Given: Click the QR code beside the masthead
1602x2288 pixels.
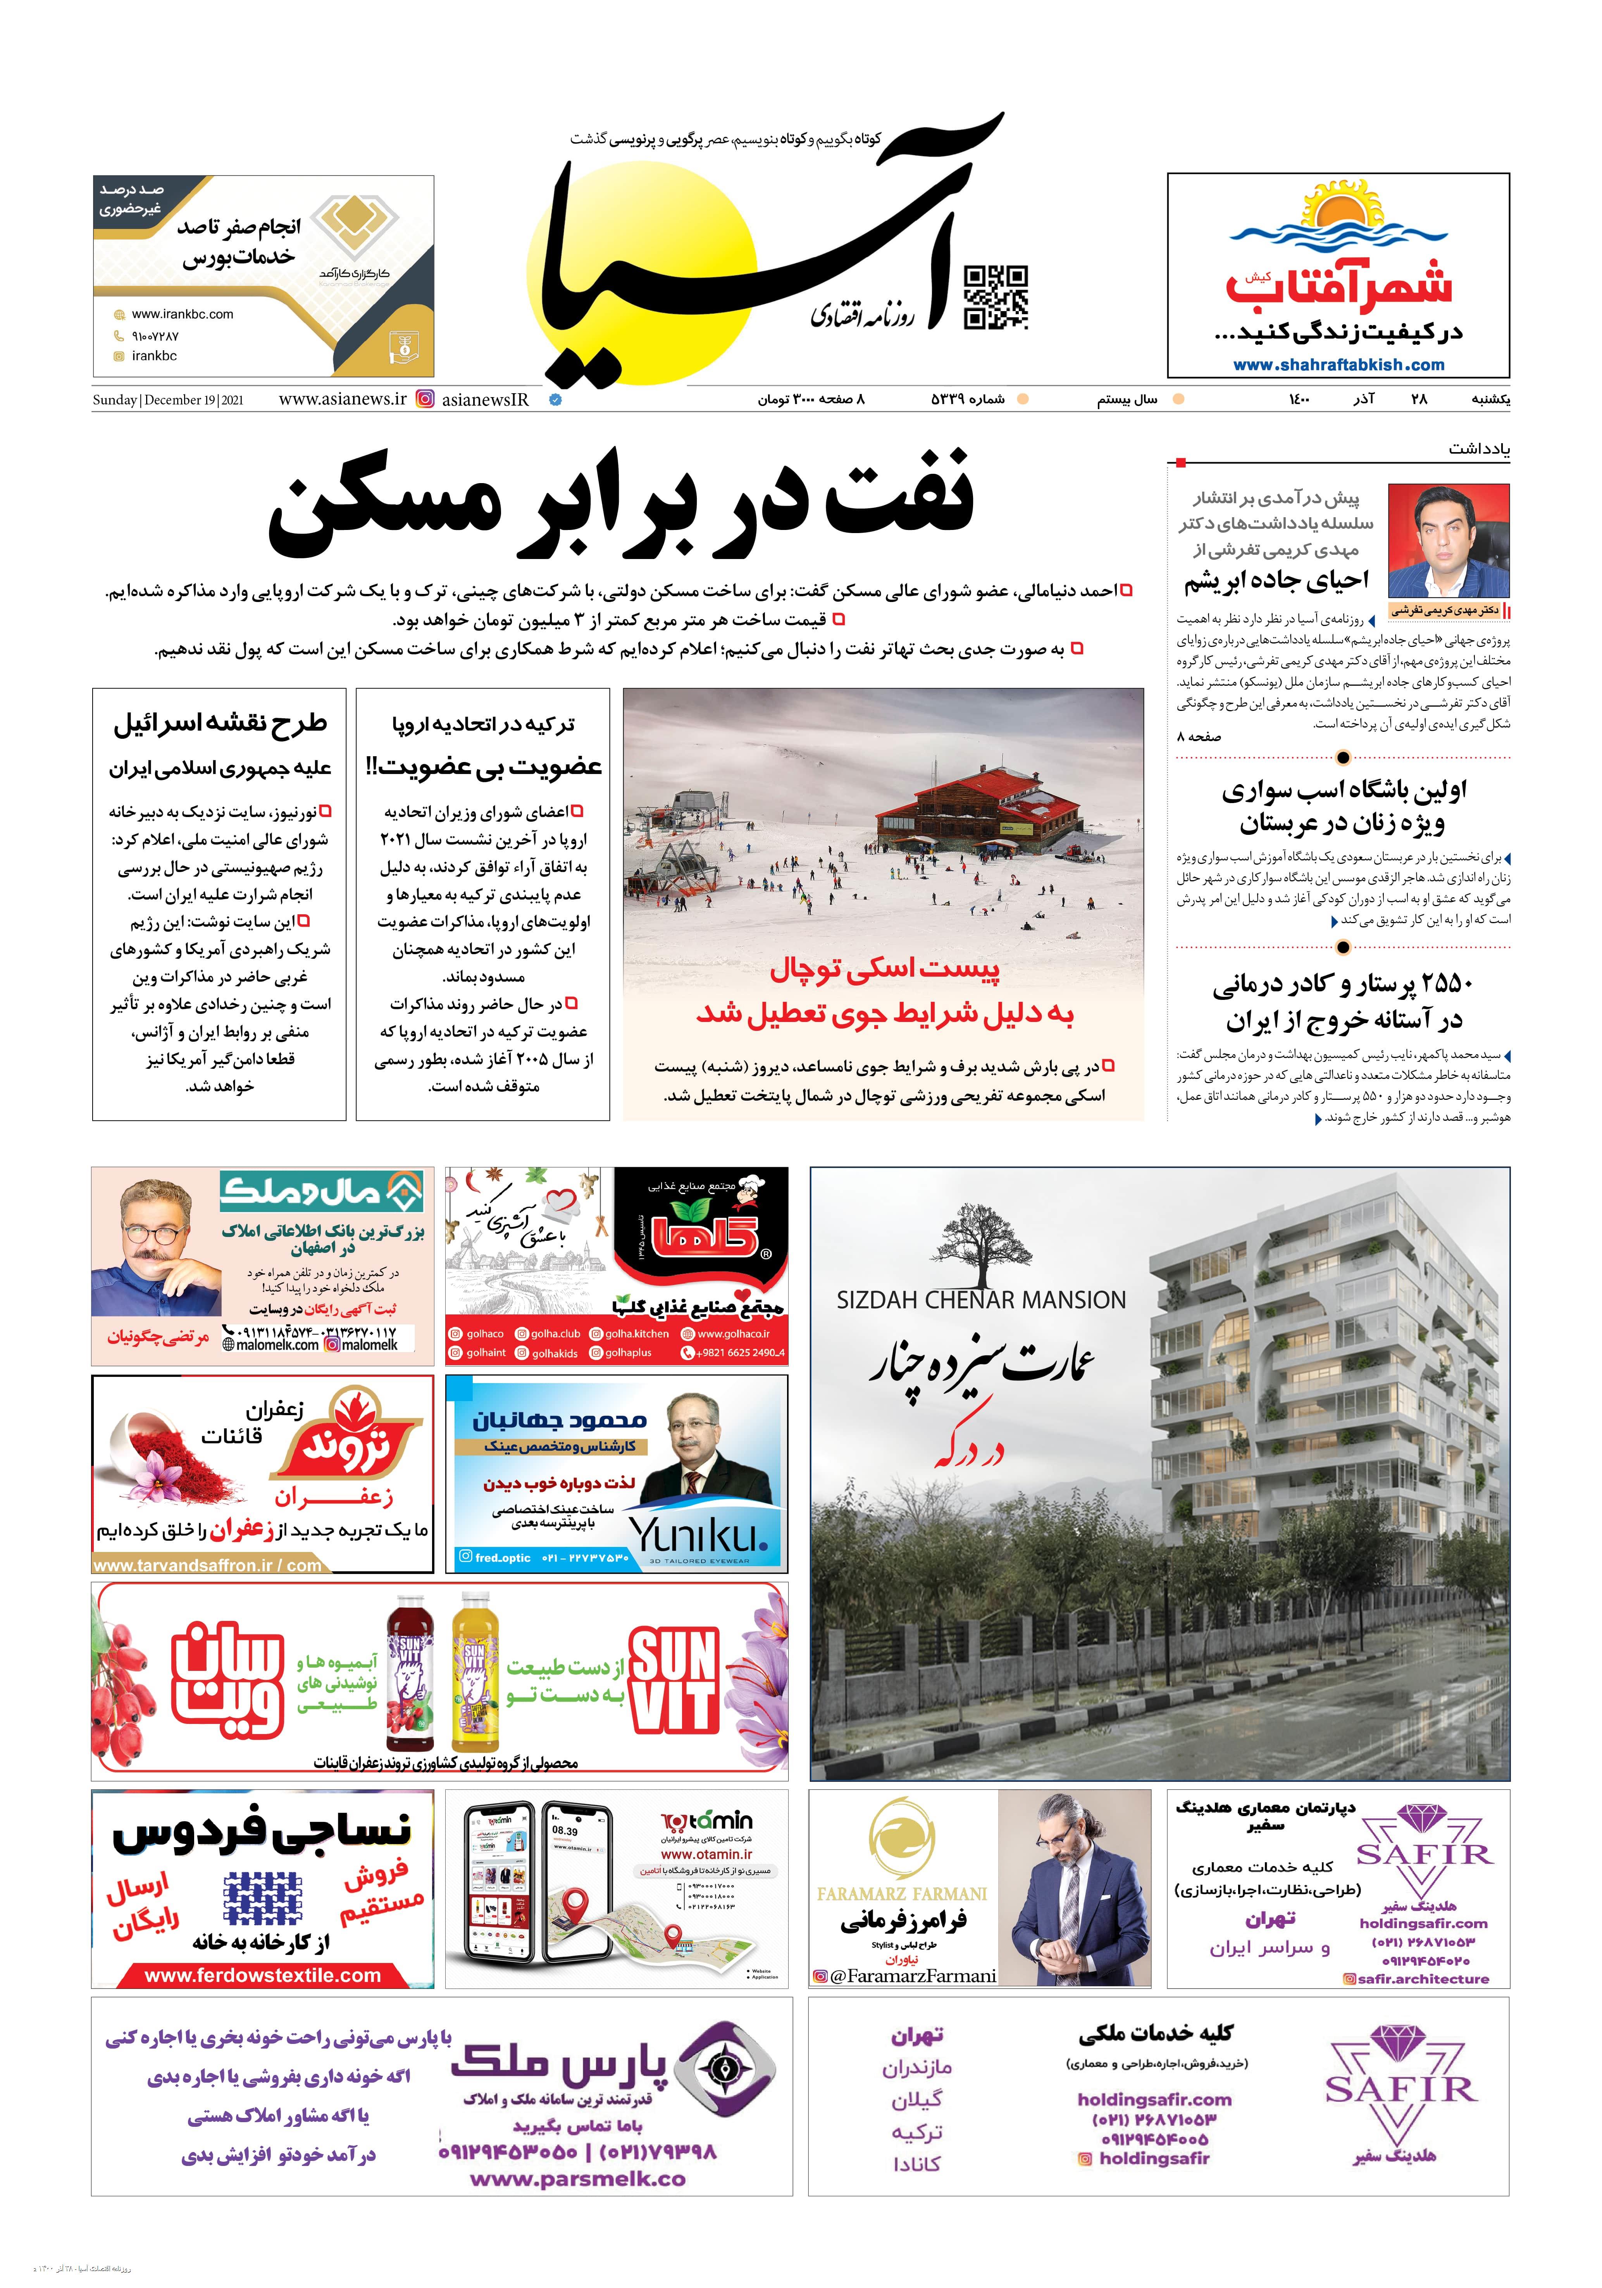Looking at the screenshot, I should (x=995, y=297).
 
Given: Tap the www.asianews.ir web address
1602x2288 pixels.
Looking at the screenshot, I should (x=342, y=399).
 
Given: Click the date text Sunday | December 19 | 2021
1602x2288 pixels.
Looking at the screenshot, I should (x=167, y=399).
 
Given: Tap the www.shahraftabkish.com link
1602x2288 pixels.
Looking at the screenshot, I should (x=1338, y=365).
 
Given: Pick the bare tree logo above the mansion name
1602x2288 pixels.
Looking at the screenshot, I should (x=980, y=1243).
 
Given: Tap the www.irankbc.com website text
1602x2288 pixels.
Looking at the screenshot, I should (x=183, y=314).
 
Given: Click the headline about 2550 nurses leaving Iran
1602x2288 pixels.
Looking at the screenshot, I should (x=1342, y=1001).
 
